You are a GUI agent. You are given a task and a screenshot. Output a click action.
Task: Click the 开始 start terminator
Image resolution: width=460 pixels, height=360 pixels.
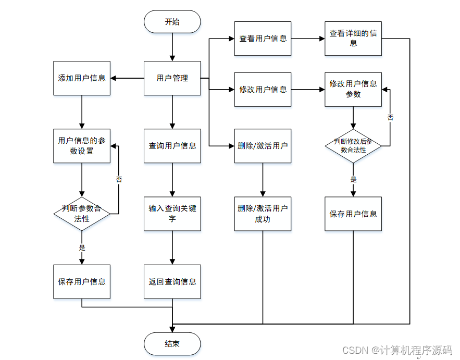tap(172, 22)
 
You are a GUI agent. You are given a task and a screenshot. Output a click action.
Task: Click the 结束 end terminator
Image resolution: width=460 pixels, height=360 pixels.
tap(172, 344)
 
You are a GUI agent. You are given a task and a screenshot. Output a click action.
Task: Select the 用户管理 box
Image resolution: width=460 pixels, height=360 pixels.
tap(172, 78)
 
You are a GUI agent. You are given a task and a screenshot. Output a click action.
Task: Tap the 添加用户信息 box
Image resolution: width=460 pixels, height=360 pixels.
tap(82, 78)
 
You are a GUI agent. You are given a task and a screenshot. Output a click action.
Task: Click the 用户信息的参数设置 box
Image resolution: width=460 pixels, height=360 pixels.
tap(82, 145)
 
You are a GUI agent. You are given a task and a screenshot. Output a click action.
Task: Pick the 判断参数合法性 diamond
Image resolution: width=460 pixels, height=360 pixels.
tap(82, 214)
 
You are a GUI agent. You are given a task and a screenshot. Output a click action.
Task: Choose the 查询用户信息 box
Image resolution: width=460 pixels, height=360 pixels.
tap(172, 145)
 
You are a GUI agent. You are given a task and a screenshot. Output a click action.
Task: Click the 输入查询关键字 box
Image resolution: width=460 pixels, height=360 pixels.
tap(172, 214)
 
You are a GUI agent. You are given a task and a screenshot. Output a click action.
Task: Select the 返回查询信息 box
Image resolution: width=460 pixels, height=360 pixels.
tap(172, 281)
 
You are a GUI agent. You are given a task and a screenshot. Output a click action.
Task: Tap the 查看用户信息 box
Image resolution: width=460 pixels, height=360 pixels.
tap(263, 39)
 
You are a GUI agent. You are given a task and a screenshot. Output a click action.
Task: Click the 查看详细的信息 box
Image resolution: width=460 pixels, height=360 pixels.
tap(353, 39)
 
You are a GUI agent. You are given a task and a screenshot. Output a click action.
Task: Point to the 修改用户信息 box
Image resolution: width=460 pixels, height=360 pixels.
tap(263, 89)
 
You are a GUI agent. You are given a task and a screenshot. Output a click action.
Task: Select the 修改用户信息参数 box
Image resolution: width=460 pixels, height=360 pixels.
tap(353, 89)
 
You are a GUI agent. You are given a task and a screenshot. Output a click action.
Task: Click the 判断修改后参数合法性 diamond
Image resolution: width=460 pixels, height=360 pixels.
tap(353, 145)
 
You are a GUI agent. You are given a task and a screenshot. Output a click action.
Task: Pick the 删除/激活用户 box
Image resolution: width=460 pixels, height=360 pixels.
tap(263, 145)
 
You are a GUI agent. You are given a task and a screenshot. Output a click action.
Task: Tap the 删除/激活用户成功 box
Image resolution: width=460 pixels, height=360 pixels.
tap(263, 214)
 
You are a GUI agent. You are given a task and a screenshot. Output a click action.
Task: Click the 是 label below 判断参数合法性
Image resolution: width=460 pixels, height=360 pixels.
tap(82, 247)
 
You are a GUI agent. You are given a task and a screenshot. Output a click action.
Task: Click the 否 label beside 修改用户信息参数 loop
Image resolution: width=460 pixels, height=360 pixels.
tap(390, 117)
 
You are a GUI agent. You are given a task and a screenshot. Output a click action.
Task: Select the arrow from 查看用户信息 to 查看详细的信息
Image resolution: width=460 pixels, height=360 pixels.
tap(307, 39)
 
